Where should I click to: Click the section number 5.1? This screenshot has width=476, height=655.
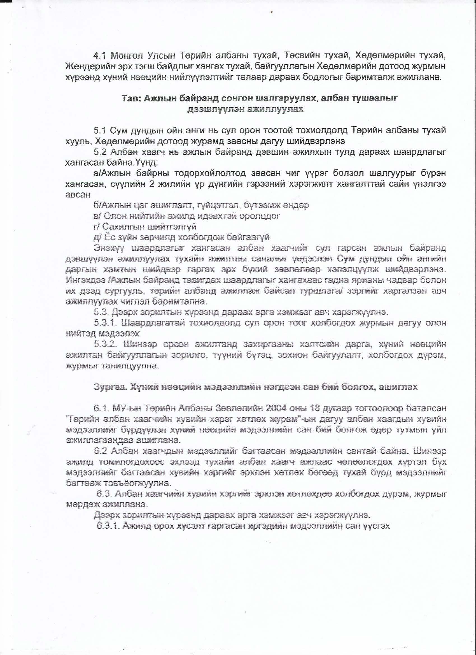(100, 131)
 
